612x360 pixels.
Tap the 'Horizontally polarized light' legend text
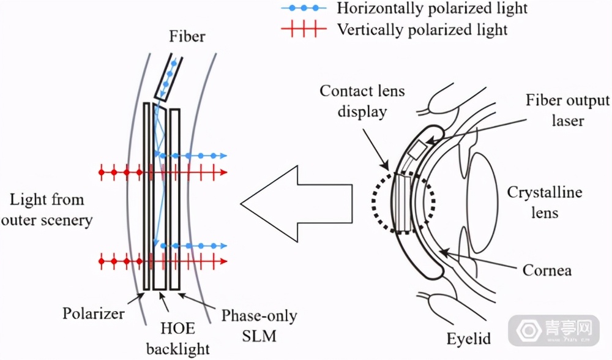[431, 9]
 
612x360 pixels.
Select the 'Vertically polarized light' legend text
[422, 29]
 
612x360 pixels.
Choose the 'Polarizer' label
[94, 314]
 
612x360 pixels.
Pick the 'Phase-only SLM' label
[259, 325]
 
